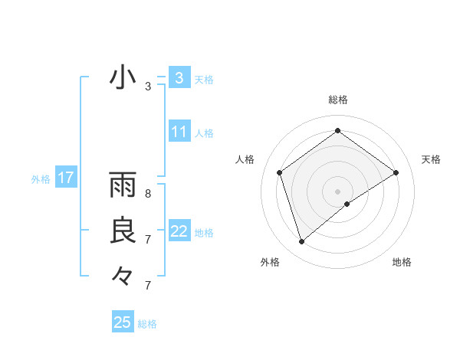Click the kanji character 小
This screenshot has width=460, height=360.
click(x=123, y=78)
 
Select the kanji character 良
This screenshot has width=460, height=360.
click(x=123, y=231)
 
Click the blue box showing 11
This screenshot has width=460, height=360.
click(x=179, y=132)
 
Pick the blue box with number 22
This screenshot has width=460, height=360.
click(x=179, y=231)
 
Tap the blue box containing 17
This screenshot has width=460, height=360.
click(x=66, y=178)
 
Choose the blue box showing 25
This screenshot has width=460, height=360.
click(x=123, y=322)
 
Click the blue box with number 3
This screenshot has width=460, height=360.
click(x=179, y=78)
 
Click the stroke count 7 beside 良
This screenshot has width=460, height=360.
click(x=147, y=240)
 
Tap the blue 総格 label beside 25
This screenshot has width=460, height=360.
click(x=147, y=324)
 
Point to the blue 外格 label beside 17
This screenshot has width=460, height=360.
click(x=41, y=179)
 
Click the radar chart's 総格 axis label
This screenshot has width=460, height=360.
click(x=337, y=100)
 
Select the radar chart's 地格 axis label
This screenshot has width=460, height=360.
click(x=402, y=262)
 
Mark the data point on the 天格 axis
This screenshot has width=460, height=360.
click(x=396, y=172)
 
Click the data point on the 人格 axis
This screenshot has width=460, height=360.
click(x=280, y=172)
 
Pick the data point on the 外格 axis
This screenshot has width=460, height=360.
click(x=301, y=242)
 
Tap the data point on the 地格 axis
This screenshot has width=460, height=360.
click(x=347, y=204)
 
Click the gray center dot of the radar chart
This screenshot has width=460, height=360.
click(x=337, y=191)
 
